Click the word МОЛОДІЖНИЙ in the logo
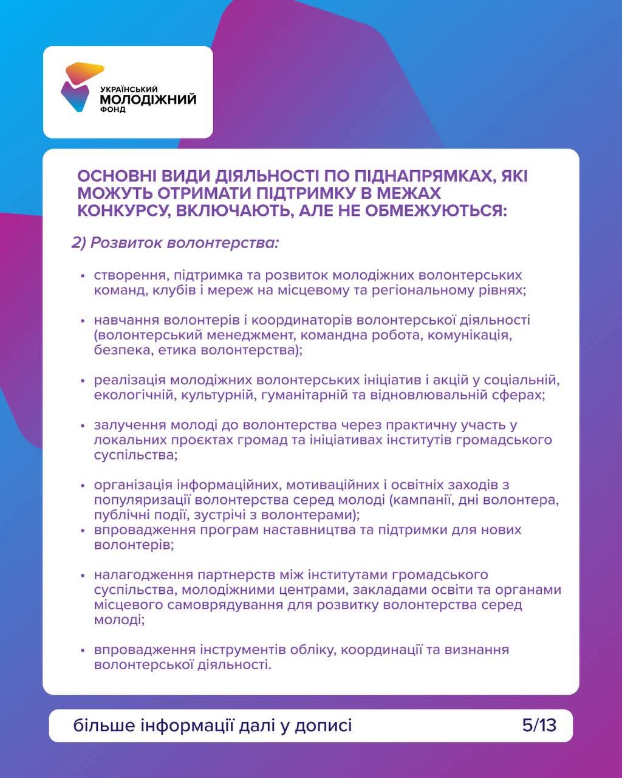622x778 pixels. [x=148, y=99]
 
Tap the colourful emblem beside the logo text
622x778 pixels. [x=80, y=88]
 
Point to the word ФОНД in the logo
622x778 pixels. [x=113, y=110]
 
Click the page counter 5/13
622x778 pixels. [x=539, y=725]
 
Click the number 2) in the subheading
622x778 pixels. [x=79, y=243]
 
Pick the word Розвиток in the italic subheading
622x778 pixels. [x=126, y=243]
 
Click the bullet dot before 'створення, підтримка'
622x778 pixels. [x=83, y=276]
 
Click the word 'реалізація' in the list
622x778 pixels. [x=129, y=380]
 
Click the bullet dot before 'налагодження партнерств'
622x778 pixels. [x=83, y=575]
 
